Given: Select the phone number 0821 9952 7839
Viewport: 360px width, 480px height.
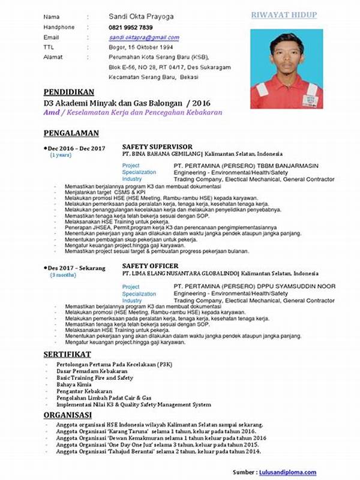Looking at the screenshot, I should [130, 28].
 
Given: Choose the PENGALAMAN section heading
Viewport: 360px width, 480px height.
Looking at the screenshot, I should [71, 133].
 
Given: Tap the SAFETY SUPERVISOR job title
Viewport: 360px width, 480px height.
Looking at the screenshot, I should [157, 146].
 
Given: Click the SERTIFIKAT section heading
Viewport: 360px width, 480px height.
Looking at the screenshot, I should [67, 354].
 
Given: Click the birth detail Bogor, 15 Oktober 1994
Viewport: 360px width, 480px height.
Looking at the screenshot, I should [140, 47].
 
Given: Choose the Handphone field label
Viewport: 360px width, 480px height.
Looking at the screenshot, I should [59, 28].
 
